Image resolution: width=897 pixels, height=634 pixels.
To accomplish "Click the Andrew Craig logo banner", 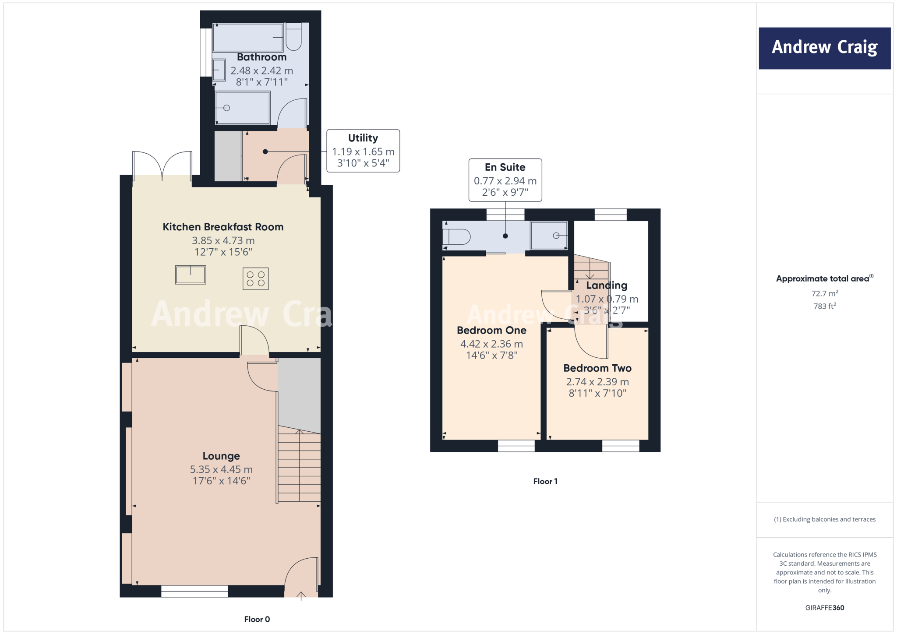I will click(x=824, y=48).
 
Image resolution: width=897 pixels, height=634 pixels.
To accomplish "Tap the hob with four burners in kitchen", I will click(x=255, y=279).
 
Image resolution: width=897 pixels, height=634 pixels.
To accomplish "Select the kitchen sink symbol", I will click(x=191, y=275).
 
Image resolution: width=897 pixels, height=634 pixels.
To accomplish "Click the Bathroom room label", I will click(x=261, y=57).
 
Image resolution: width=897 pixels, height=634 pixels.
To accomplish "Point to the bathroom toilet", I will click(x=293, y=37).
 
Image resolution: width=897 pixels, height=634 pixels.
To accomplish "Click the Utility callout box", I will click(x=363, y=151).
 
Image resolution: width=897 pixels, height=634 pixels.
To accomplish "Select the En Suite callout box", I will click(x=505, y=180).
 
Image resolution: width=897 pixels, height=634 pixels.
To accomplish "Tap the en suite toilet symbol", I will click(x=457, y=237).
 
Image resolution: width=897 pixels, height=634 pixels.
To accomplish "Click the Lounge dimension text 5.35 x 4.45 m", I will click(x=221, y=470).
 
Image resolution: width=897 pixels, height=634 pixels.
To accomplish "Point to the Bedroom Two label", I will click(x=597, y=368).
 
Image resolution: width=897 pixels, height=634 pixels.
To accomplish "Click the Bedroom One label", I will click(x=491, y=331).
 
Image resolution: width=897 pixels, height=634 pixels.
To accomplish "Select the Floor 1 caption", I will click(x=545, y=482).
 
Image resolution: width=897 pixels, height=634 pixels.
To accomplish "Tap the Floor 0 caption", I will click(x=257, y=619).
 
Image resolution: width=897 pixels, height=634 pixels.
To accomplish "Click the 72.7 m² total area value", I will click(x=825, y=293).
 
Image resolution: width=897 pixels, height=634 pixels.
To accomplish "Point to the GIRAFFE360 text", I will click(x=825, y=608).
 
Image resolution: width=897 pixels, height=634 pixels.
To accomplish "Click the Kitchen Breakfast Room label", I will click(x=223, y=227).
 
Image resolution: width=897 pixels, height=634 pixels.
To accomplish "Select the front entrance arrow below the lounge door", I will click(x=301, y=596).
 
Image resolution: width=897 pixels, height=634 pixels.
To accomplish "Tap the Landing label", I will click(x=607, y=285).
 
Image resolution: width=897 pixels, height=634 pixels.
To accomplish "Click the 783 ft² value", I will click(x=825, y=306).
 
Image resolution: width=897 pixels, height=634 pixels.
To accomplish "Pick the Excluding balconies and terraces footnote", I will click(x=825, y=519).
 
